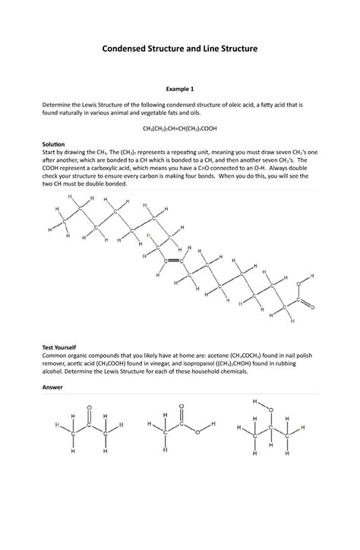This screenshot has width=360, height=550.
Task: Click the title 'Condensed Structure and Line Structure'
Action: [x=180, y=48]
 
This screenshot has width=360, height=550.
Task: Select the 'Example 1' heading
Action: [x=180, y=88]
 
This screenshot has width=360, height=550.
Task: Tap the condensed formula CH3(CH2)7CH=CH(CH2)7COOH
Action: [x=180, y=130]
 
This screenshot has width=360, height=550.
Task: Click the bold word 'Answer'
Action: [x=52, y=387]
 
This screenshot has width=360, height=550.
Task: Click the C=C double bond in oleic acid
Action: [x=174, y=260]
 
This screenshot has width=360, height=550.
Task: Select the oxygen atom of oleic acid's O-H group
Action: [x=300, y=286]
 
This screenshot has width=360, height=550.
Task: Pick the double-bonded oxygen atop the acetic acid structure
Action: [x=182, y=407]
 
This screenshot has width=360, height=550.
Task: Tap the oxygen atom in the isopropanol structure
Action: [x=270, y=411]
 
